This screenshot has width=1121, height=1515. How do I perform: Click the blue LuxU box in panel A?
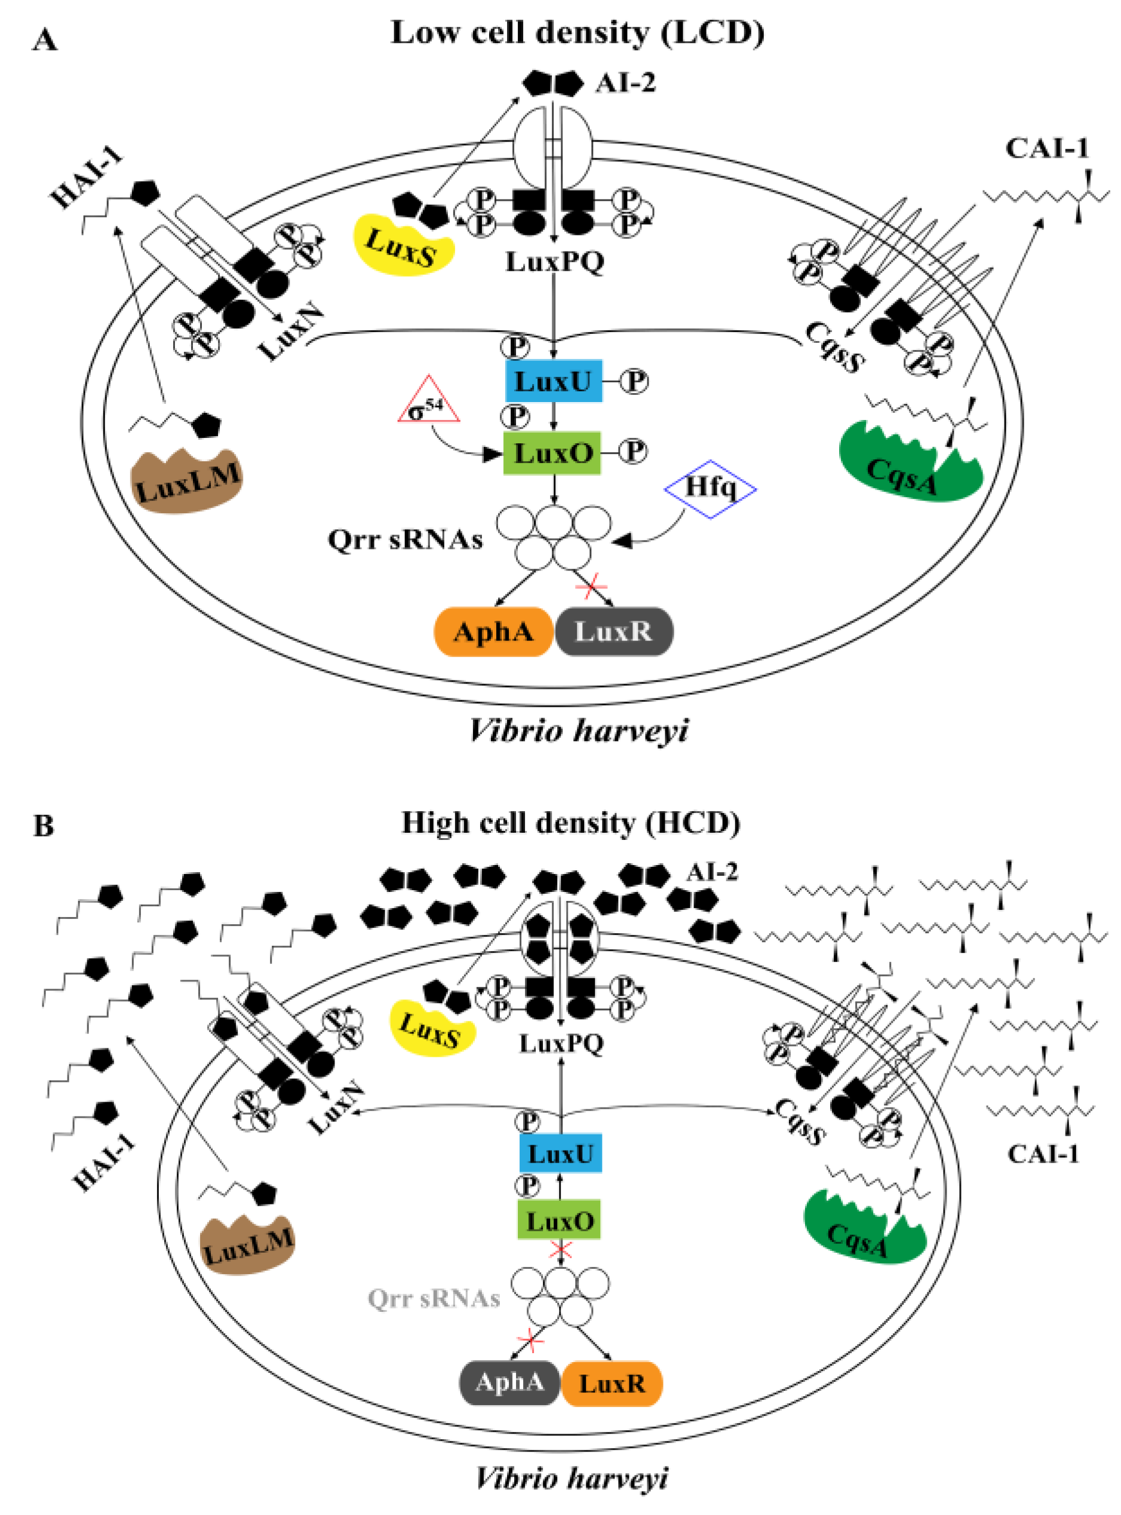coord(554,381)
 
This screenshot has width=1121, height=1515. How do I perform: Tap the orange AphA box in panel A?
coord(493,632)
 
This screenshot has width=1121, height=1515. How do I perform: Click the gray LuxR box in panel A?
coord(613,632)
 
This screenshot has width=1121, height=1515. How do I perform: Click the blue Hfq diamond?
coord(710,488)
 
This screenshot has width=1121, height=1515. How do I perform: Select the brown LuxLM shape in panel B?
coord(248,1246)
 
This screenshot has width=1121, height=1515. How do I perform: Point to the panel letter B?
coord(44,826)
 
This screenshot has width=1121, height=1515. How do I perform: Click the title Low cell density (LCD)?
coord(578,33)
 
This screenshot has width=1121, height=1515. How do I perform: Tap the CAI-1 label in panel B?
coord(1043,1155)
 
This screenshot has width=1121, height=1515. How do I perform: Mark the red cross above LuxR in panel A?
coord(590,585)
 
